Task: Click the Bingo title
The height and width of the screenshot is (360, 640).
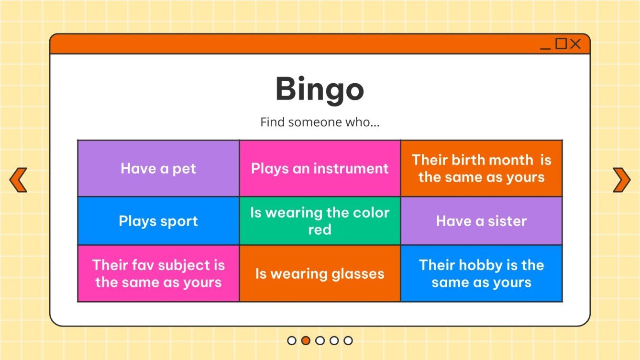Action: click(320, 89)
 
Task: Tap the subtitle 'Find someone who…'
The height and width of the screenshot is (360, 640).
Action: click(320, 122)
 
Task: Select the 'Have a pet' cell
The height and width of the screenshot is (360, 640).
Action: click(158, 168)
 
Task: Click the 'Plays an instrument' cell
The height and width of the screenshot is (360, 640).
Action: click(320, 168)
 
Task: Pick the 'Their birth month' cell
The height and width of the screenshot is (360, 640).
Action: click(481, 168)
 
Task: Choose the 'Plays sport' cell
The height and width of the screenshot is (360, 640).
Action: click(158, 221)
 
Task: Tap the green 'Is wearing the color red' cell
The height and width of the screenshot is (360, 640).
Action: click(320, 221)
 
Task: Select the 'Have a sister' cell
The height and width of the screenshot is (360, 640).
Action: click(481, 221)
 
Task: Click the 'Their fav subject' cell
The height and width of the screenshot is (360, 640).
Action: click(158, 273)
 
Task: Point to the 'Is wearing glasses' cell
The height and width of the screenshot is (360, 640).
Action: click(320, 273)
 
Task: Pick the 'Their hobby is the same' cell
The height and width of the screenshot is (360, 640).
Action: click(481, 273)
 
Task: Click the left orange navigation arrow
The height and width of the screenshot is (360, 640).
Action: click(18, 180)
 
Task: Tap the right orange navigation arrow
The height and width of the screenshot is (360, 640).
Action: click(621, 180)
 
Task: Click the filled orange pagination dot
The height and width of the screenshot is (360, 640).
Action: click(306, 340)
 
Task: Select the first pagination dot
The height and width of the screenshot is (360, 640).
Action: click(292, 340)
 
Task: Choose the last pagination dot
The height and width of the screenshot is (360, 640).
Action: click(348, 340)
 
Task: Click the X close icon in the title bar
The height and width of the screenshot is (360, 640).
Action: click(575, 44)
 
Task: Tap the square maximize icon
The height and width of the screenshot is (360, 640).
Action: click(561, 44)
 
